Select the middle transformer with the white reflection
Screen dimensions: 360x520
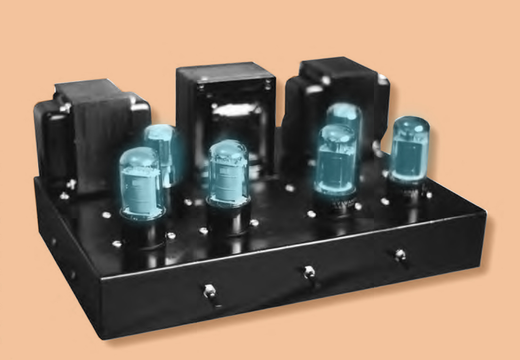coord(226,108)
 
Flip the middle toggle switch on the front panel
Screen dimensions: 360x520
coord(309,272)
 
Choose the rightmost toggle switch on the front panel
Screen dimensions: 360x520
coord(400,255)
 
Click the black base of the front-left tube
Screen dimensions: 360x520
coord(144,233)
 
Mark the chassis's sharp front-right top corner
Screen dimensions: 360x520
coord(485,215)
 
